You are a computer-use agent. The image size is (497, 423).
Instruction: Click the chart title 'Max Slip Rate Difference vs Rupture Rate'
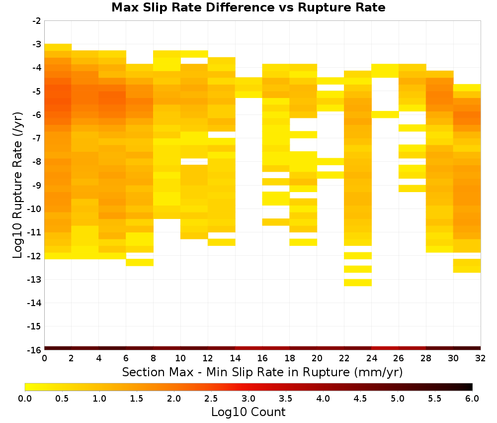pos(248,7)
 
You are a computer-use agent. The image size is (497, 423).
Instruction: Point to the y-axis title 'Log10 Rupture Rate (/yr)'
pos(17,185)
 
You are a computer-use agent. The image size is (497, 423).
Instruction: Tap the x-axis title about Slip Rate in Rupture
pos(262,372)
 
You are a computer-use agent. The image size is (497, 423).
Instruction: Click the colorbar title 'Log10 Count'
pos(248,412)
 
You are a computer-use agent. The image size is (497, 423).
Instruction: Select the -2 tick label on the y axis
pos(37,21)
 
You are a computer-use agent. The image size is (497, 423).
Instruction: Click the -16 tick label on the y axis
pos(35,350)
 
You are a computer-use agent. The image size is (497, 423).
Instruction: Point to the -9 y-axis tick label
pos(37,185)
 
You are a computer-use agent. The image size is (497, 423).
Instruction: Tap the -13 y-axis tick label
pos(35,280)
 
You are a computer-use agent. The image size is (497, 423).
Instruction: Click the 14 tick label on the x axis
pos(235,358)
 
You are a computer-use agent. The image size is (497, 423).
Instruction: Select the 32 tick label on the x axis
pos(480,358)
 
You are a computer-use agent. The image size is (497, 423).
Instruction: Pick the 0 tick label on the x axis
pos(44,358)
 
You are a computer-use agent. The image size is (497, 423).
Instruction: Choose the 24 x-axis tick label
pos(371,358)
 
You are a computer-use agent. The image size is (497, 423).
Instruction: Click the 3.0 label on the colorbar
pos(248,399)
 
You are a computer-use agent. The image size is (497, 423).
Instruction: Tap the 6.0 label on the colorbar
pos(472,399)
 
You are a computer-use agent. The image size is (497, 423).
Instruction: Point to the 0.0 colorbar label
pos(25,399)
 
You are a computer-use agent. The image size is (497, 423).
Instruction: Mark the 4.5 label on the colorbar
pos(360,399)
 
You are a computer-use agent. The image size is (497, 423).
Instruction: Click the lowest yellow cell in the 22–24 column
pos(358,283)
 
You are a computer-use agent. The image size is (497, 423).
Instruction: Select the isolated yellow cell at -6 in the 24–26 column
pos(385,114)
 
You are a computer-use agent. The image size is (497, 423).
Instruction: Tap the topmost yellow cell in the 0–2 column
pos(58,47)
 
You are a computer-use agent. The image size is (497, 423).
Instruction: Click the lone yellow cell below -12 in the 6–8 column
pos(140,262)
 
